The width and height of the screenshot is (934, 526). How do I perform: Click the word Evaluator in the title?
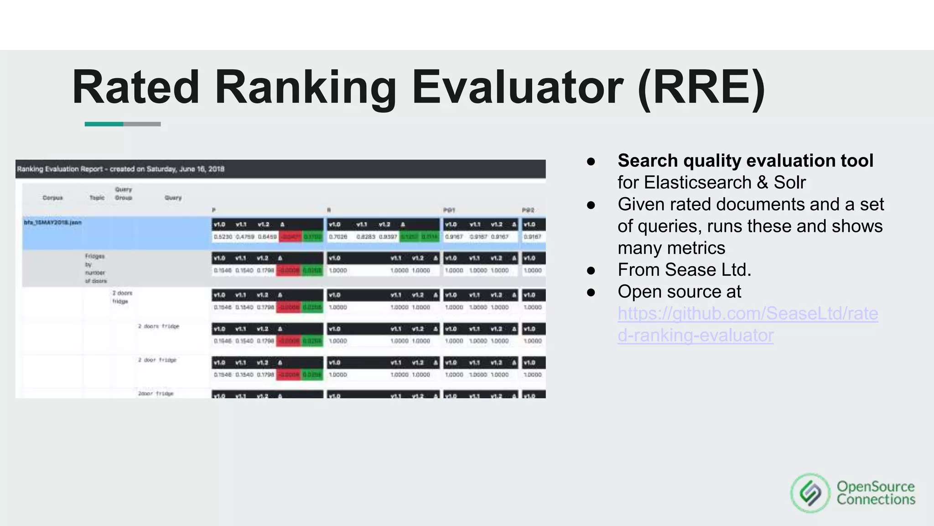[517, 88]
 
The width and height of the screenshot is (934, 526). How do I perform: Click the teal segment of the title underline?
[104, 124]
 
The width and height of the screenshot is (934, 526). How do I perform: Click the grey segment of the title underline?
[142, 124]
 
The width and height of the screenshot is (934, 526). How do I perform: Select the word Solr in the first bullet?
[789, 183]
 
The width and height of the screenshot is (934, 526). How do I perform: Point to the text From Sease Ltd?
[684, 270]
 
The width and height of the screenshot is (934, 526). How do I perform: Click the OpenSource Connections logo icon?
[810, 493]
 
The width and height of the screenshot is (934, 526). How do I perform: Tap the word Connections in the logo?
[876, 500]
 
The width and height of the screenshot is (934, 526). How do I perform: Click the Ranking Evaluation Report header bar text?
[120, 169]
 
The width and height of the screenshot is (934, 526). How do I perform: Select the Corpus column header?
[52, 198]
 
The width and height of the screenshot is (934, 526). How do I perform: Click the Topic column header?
[97, 198]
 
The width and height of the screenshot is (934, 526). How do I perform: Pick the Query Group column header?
[124, 194]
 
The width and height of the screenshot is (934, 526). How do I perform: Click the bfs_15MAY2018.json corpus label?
[52, 222]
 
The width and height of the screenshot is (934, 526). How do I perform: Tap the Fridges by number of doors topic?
[95, 268]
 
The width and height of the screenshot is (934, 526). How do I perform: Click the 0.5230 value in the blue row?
[223, 237]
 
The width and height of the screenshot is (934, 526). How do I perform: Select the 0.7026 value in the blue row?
[338, 237]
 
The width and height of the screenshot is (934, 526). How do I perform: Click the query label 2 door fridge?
[157, 360]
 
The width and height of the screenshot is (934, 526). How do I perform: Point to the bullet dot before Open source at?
[591, 292]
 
